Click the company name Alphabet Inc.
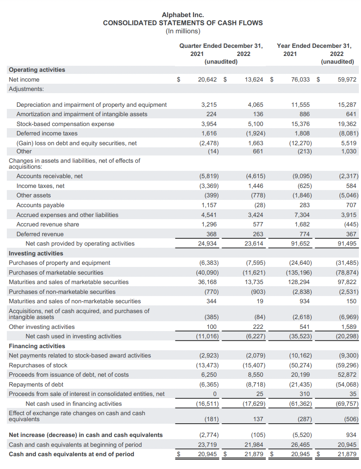click(x=183, y=15)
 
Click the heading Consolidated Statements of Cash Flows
click(x=183, y=23)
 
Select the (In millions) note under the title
click(x=183, y=31)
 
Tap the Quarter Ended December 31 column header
click(x=221, y=45)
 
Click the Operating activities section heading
click(x=37, y=70)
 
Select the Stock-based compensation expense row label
click(x=65, y=124)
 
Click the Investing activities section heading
click(x=36, y=253)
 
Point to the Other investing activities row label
click(x=42, y=327)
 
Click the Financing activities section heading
click(x=37, y=346)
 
